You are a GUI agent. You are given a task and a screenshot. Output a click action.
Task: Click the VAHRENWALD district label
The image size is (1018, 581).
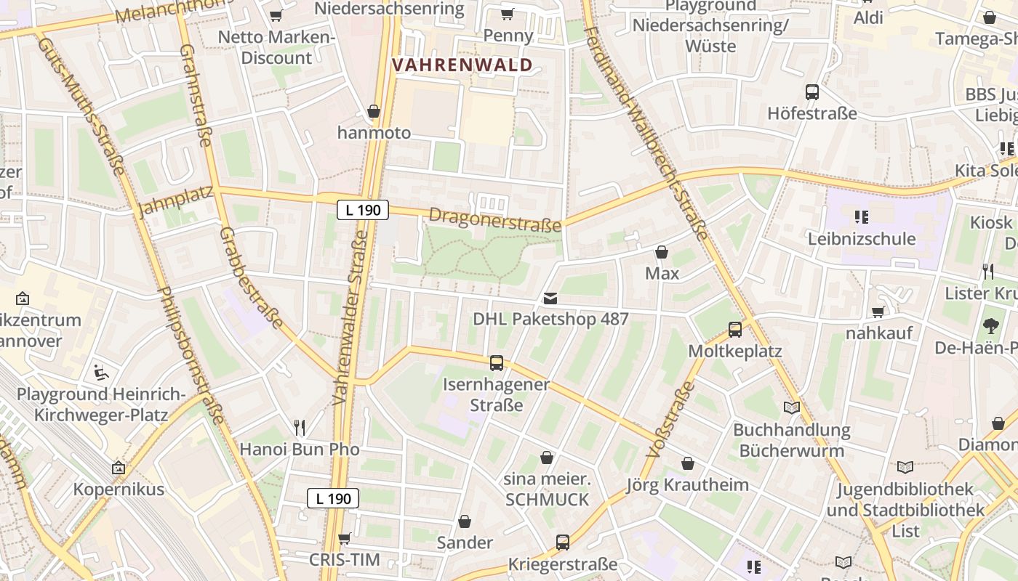(462, 65)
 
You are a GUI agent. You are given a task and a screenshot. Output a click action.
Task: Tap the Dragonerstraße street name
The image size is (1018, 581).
(495, 219)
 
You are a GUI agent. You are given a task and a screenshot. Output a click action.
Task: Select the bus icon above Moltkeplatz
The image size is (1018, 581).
(735, 330)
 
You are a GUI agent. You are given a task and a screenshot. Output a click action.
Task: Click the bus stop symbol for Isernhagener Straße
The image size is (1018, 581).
(497, 362)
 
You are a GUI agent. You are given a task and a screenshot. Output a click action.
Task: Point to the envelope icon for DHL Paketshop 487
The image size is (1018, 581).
(550, 298)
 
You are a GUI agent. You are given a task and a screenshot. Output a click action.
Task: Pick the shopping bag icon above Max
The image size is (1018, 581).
(662, 252)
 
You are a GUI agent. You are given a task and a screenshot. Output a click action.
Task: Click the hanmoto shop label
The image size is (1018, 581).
(374, 133)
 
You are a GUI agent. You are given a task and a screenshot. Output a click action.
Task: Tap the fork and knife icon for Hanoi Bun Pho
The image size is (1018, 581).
(300, 427)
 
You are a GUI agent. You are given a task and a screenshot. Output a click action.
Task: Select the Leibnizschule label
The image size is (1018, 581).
(862, 239)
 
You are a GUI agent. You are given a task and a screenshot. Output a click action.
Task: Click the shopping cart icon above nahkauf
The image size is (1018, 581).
(878, 312)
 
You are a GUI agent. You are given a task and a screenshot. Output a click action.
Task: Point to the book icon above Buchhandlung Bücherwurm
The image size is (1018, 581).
(792, 408)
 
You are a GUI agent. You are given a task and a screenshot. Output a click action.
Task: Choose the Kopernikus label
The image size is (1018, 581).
(119, 489)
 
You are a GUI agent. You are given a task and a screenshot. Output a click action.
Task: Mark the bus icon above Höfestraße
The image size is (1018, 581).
(812, 92)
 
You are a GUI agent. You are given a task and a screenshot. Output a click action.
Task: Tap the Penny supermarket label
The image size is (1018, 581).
(508, 36)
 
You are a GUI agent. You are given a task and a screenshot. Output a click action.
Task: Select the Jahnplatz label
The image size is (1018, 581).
(175, 201)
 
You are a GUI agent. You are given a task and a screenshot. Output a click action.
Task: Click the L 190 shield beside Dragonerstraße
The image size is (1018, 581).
(363, 211)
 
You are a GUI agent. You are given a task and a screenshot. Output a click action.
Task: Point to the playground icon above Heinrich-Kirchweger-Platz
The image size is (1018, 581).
(102, 373)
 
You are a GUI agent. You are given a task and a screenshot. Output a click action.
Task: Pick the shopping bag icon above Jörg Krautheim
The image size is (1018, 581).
(688, 463)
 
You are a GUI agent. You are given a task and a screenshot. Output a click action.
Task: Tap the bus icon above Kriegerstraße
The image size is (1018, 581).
(563, 542)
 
